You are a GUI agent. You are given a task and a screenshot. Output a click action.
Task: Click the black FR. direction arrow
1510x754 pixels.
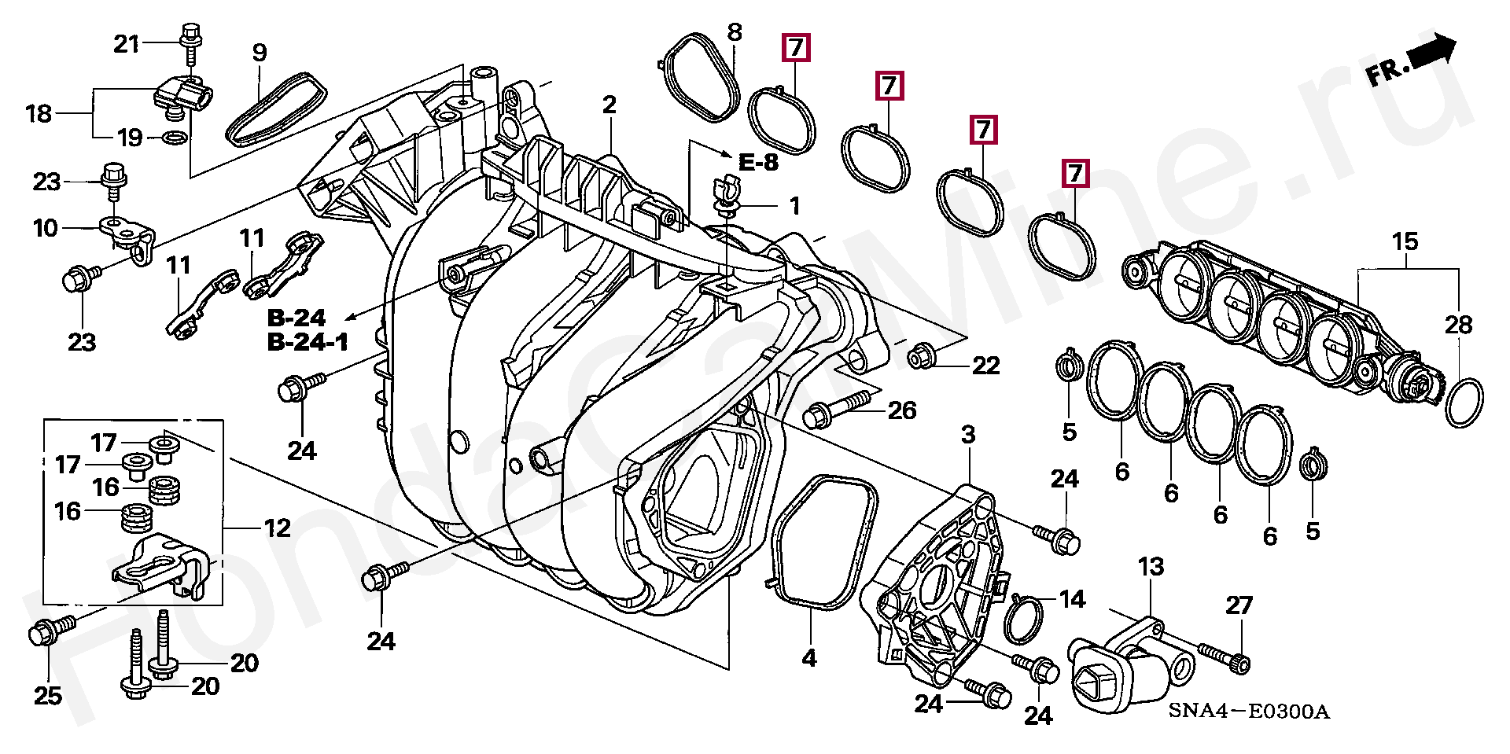point(1431,53)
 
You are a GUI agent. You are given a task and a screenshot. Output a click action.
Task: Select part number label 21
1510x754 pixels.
point(126,44)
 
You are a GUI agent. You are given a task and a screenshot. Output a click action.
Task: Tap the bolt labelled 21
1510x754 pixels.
point(190,43)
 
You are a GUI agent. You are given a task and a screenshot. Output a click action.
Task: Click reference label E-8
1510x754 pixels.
point(758,163)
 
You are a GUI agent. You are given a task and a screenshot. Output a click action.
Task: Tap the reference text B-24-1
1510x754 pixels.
point(308,343)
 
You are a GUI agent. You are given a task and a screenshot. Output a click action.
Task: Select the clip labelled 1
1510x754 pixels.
point(727,197)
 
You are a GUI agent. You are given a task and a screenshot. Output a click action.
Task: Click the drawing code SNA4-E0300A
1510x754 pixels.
point(1248,712)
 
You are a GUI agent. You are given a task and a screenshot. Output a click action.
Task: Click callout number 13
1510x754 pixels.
point(1151,567)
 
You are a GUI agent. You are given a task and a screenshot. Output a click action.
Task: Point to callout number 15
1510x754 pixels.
point(1405,241)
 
